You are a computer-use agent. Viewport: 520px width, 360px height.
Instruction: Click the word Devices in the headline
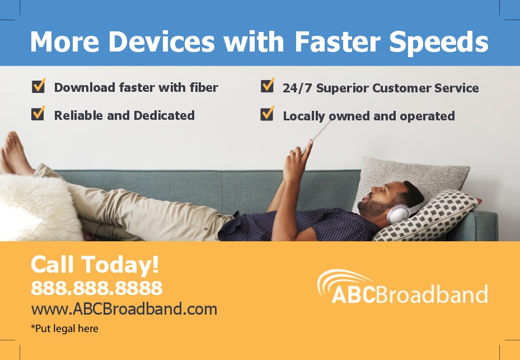click(162, 41)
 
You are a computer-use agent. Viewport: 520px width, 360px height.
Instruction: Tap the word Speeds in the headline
click(439, 42)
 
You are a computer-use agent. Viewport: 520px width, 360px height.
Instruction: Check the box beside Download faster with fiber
click(39, 86)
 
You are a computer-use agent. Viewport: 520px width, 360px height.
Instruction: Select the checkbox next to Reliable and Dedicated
click(38, 113)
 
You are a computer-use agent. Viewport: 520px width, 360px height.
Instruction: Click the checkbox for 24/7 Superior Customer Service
click(268, 85)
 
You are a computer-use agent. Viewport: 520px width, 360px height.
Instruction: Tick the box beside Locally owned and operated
click(268, 114)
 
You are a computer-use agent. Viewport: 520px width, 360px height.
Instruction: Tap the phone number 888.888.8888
click(96, 288)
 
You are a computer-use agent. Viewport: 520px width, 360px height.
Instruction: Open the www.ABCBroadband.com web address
click(124, 309)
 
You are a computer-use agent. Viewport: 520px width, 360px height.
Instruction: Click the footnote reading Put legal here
click(65, 329)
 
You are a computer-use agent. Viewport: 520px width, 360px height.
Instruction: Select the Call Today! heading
click(95, 264)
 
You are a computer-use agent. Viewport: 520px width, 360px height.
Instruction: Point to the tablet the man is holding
click(317, 136)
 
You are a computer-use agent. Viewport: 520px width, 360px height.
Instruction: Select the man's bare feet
click(15, 153)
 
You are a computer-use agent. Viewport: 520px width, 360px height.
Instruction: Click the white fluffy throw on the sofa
click(38, 207)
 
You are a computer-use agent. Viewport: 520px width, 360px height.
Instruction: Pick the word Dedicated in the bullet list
click(164, 115)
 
